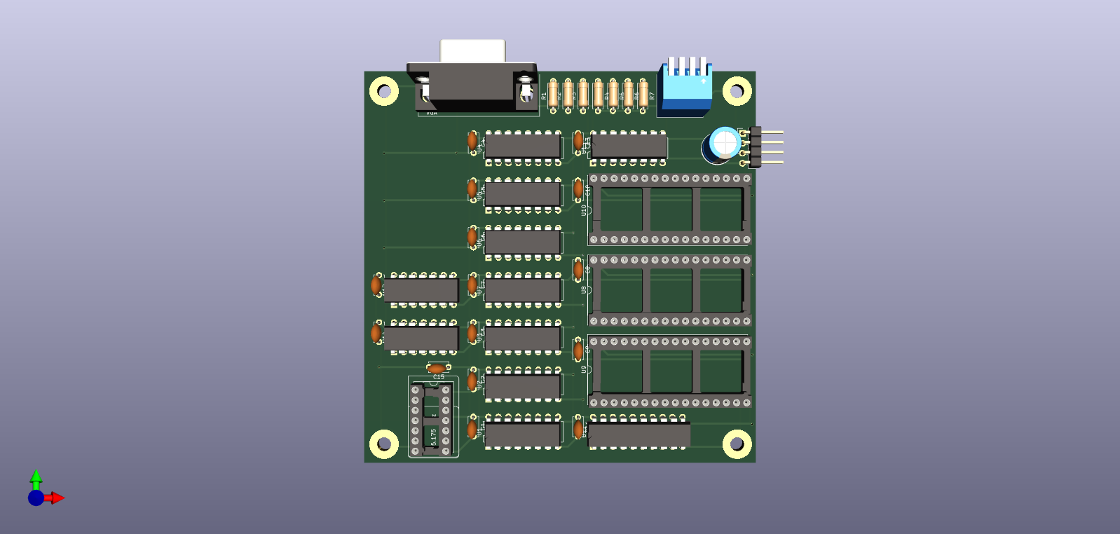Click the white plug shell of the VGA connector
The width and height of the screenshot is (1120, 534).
(472, 50)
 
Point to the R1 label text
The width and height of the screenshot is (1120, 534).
(544, 96)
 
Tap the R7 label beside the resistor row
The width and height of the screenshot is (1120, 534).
(652, 96)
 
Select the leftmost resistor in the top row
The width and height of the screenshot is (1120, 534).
(553, 94)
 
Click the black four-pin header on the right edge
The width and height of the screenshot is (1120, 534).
(755, 146)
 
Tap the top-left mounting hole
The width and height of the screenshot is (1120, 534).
(384, 91)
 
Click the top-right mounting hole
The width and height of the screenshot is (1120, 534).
(737, 91)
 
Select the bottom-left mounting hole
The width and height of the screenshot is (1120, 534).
(384, 444)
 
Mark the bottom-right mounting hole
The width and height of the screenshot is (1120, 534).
(737, 444)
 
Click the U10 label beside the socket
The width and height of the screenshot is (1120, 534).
(584, 210)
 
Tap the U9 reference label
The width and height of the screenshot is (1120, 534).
(584, 369)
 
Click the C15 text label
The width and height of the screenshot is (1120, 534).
(438, 377)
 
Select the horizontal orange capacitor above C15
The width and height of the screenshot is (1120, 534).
(438, 368)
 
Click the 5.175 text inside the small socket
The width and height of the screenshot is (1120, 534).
(434, 437)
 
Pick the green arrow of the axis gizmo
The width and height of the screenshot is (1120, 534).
(36, 477)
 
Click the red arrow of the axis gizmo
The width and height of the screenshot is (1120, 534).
(57, 498)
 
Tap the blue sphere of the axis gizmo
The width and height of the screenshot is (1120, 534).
(36, 498)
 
